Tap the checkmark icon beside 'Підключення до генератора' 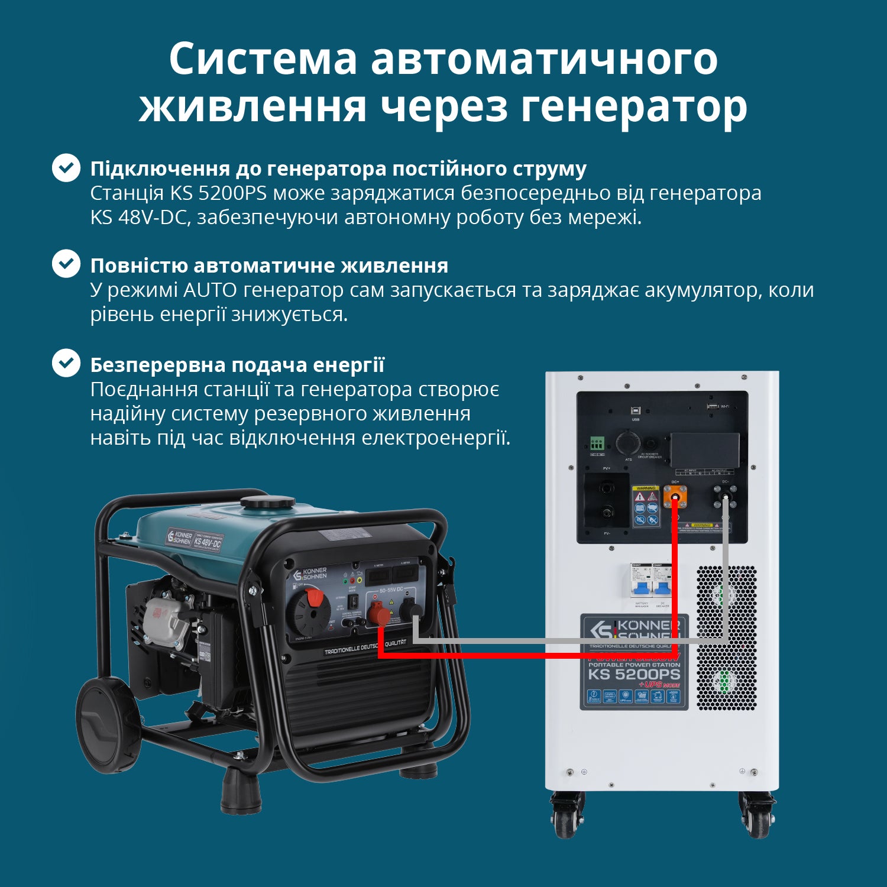pyautogui.click(x=66, y=168)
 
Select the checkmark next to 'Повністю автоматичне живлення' pyautogui.click(x=66, y=264)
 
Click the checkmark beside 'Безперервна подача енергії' pyautogui.click(x=66, y=363)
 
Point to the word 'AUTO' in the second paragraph pyautogui.click(x=210, y=290)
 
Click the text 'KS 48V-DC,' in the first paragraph pyautogui.click(x=140, y=218)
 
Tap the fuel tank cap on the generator pyautogui.click(x=267, y=503)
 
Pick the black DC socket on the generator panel pyautogui.click(x=411, y=611)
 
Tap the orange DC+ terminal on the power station pyautogui.click(x=675, y=496)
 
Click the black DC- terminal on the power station pyautogui.click(x=725, y=496)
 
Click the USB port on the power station pyautogui.click(x=636, y=410)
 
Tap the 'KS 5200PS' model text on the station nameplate pyautogui.click(x=634, y=674)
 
